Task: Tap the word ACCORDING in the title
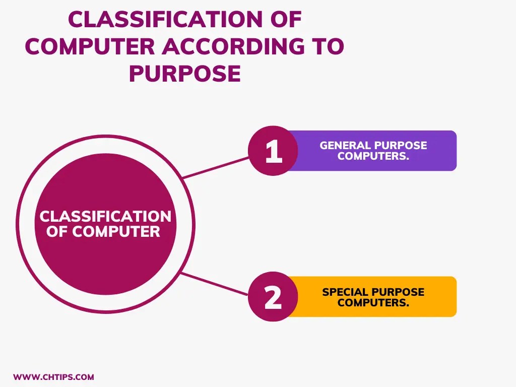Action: click(x=233, y=47)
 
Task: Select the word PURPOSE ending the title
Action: click(x=184, y=74)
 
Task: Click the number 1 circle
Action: click(x=273, y=151)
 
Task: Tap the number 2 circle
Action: click(x=273, y=297)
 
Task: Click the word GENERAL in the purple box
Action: click(x=345, y=146)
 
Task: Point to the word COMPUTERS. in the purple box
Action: click(x=373, y=156)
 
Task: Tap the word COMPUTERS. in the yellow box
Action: click(x=373, y=303)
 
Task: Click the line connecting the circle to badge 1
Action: click(x=217, y=167)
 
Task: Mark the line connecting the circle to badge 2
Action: click(x=217, y=284)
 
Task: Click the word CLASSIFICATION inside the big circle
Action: click(x=105, y=217)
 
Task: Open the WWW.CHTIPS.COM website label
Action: click(x=53, y=377)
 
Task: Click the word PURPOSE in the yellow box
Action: click(x=398, y=292)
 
